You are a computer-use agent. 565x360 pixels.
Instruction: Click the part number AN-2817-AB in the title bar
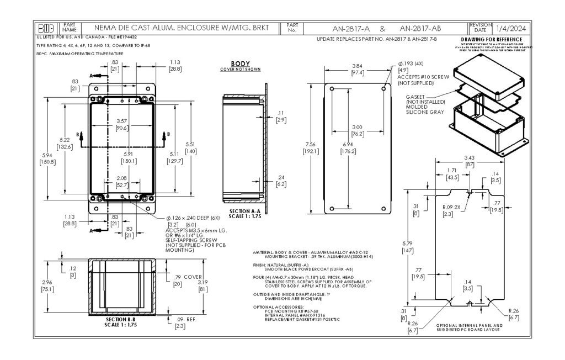click(x=420, y=28)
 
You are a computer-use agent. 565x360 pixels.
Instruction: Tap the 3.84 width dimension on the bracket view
click(x=357, y=67)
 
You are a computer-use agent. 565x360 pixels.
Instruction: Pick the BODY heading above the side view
click(x=241, y=63)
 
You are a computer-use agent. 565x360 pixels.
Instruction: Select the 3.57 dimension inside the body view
click(x=122, y=121)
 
